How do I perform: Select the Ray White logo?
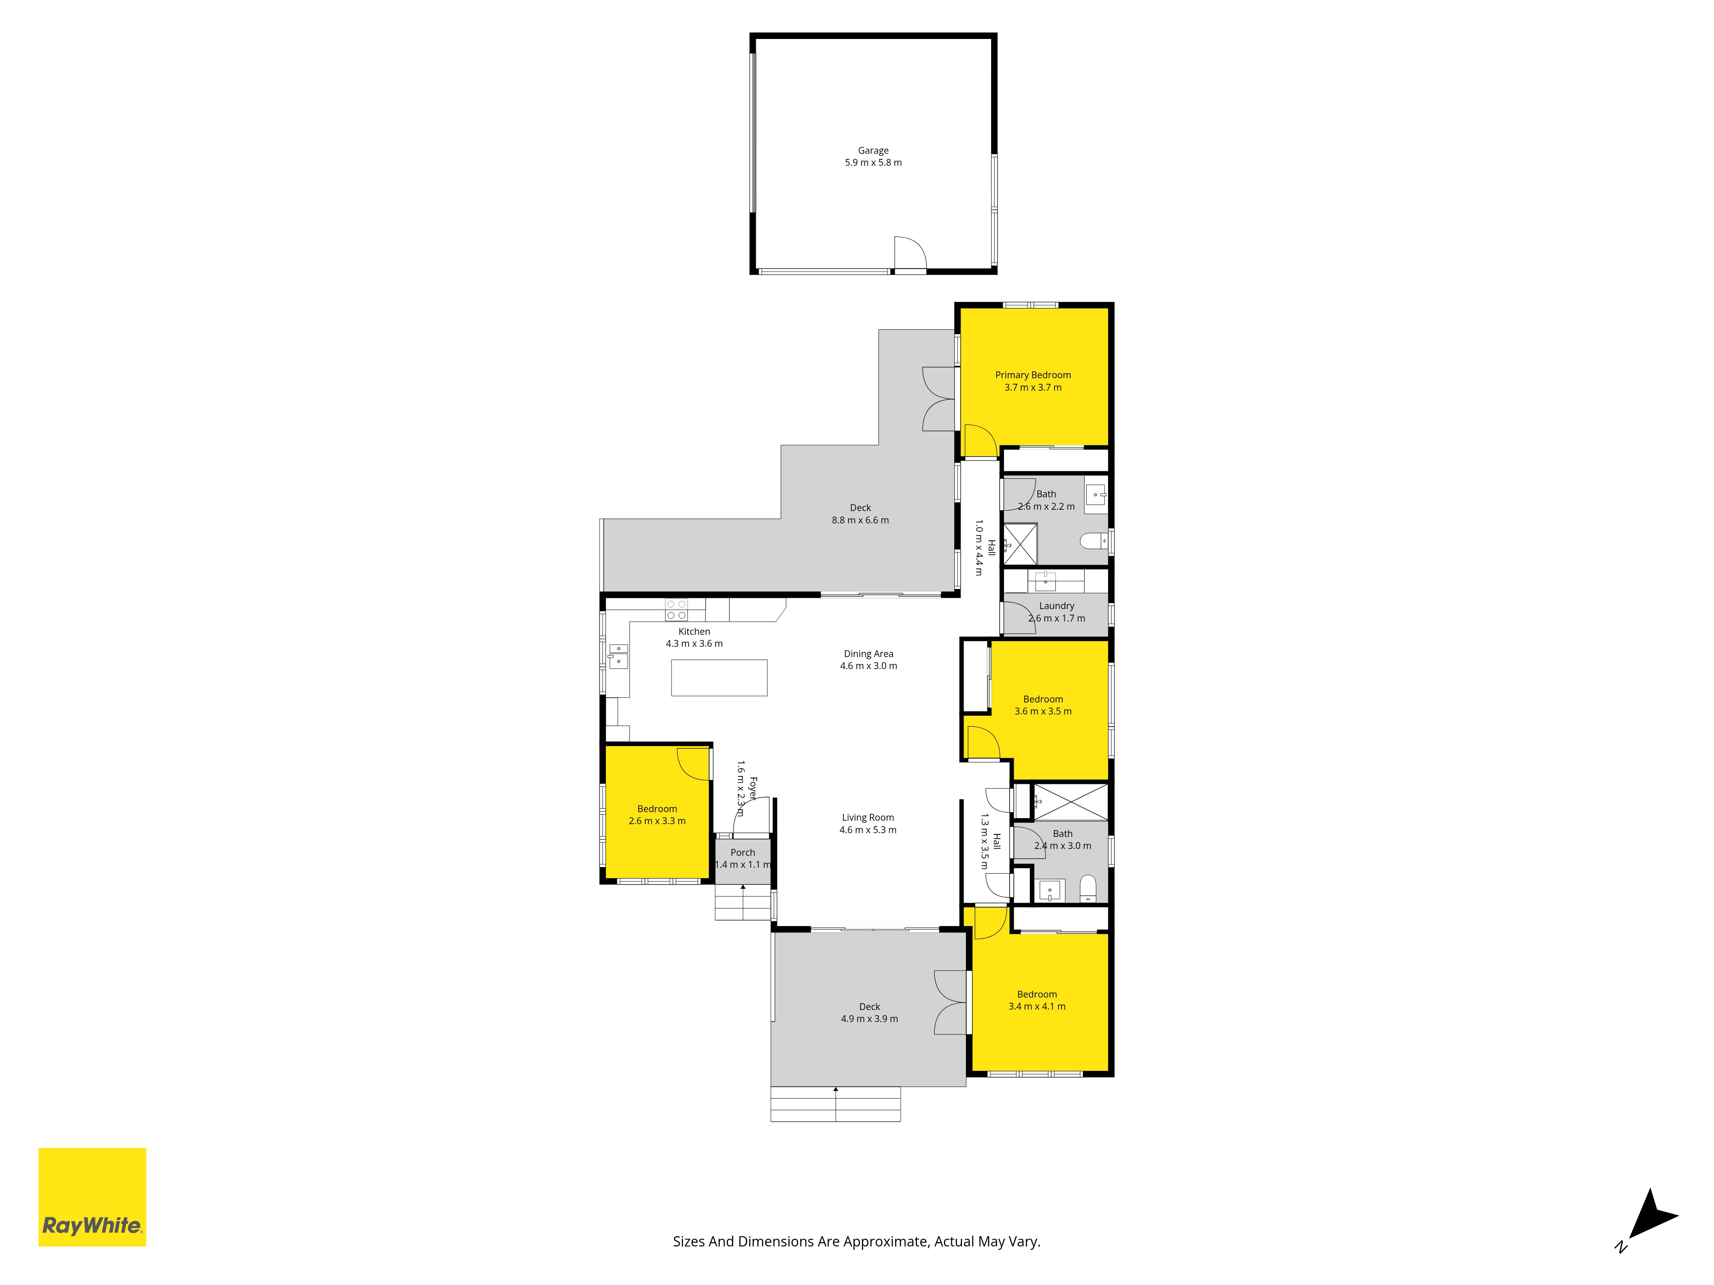(92, 1197)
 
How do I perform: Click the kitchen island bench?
(719, 678)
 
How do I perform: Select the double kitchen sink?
(617, 655)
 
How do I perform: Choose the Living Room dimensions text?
(868, 830)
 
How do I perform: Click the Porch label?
(742, 852)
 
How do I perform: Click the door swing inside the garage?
(911, 253)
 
